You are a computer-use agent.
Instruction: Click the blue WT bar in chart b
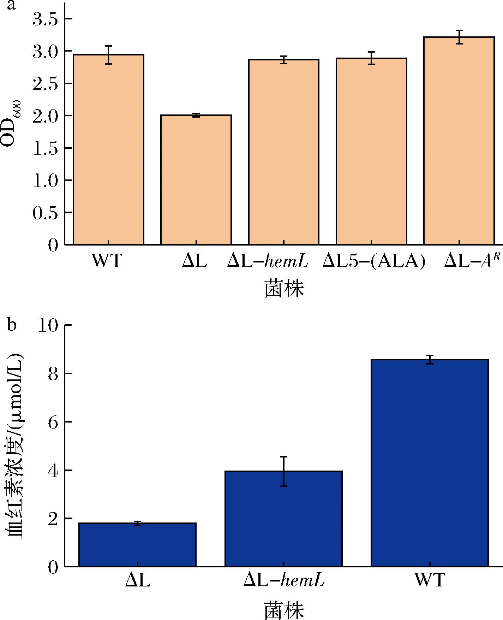pyautogui.click(x=430, y=463)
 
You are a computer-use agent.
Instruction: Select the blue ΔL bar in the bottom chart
pyautogui.click(x=137, y=544)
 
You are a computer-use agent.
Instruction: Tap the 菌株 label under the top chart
pyautogui.click(x=284, y=289)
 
